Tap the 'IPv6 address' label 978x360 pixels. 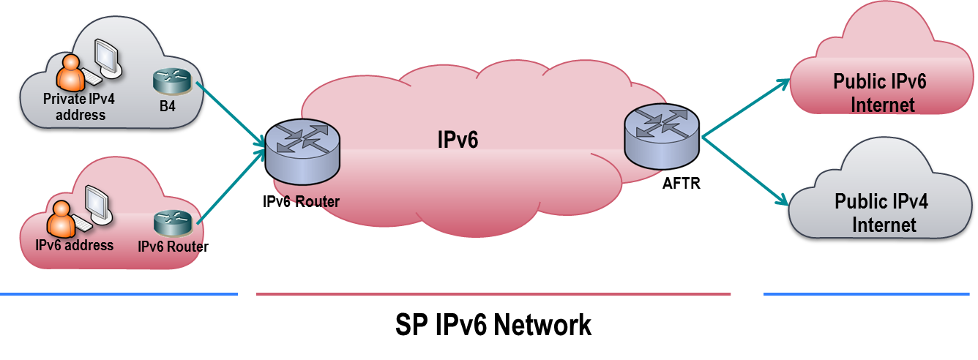click(75, 245)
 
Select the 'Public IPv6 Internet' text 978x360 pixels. click(879, 93)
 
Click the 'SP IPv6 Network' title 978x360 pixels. click(493, 324)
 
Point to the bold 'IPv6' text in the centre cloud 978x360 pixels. click(458, 139)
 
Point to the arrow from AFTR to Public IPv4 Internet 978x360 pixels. click(745, 168)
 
